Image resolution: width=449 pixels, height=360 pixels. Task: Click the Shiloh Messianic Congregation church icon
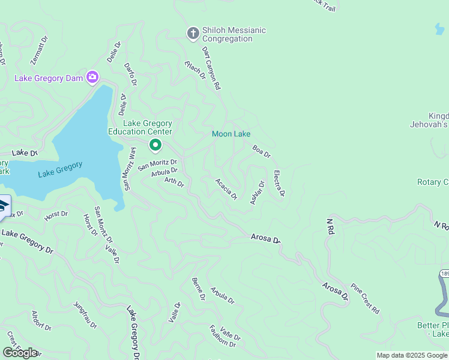point(193,34)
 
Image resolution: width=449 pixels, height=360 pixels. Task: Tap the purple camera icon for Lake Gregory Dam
point(92,77)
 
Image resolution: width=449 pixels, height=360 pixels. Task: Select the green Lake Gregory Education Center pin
point(155,145)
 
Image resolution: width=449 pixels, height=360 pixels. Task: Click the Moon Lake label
point(231,134)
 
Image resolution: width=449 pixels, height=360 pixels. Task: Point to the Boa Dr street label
point(262,151)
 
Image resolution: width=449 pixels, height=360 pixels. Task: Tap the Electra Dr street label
point(279,184)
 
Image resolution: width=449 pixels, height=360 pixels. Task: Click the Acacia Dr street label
point(227,188)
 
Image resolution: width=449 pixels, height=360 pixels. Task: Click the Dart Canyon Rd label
point(211,68)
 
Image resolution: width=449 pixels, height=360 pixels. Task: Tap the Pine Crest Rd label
point(365,298)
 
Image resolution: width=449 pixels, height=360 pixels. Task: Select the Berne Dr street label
point(198,289)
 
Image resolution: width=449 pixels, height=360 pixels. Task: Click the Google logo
point(20,352)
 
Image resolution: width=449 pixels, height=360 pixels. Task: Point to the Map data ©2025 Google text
point(411,355)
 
